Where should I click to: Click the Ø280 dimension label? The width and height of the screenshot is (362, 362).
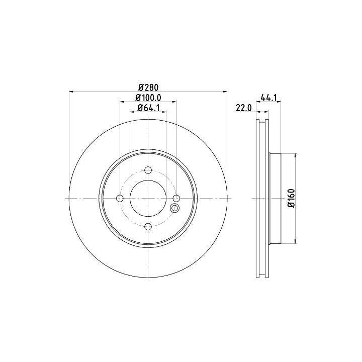(x=148, y=87)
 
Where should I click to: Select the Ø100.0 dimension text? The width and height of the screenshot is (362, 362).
(x=148, y=98)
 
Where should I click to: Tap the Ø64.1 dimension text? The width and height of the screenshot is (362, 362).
(x=148, y=108)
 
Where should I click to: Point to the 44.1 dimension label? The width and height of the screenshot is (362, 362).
(x=268, y=98)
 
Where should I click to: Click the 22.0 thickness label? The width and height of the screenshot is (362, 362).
(x=243, y=108)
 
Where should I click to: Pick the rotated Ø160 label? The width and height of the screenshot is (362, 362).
(x=292, y=198)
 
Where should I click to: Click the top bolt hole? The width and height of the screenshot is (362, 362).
(x=148, y=170)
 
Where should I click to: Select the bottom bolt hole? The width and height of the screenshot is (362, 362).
(x=148, y=226)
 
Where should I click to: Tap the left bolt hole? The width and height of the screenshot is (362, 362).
(x=120, y=198)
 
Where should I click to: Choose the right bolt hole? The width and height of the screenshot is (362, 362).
(x=176, y=198)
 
